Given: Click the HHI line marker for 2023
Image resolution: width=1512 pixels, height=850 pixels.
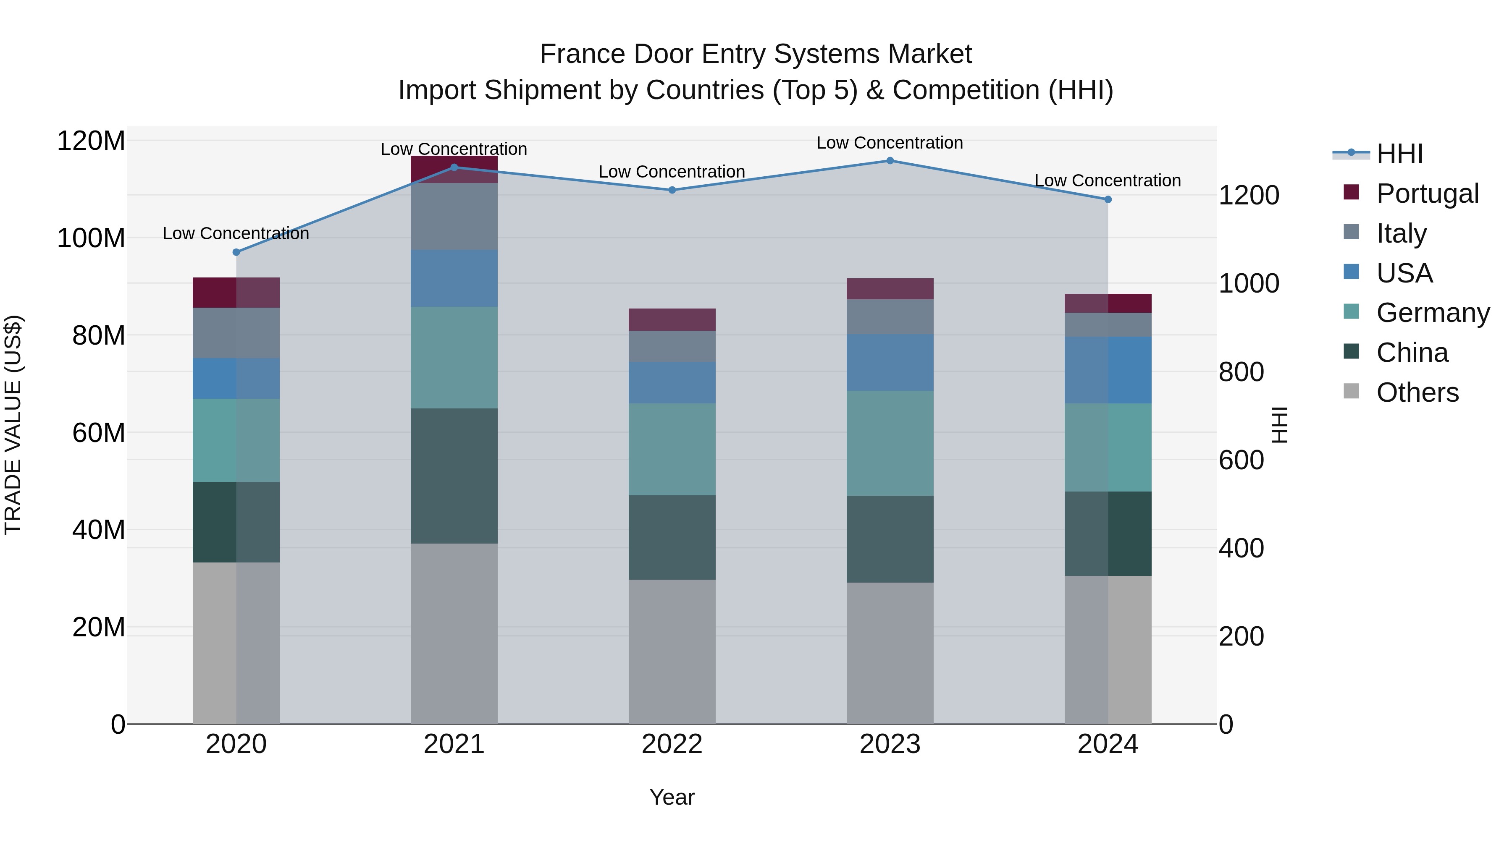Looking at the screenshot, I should click(890, 161).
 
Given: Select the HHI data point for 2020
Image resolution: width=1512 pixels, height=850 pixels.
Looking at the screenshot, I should click(236, 252).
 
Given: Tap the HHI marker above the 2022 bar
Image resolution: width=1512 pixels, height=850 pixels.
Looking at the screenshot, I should click(672, 190).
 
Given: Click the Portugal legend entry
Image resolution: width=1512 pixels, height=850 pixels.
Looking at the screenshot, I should click(1427, 194).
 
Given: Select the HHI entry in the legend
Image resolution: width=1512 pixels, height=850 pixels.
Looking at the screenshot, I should click(1399, 154).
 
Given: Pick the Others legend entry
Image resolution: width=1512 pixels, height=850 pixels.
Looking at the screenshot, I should click(1417, 392).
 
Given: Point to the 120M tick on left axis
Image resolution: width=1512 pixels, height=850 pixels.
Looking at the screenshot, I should click(91, 141).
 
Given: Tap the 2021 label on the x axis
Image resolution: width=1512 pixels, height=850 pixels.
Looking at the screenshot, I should click(454, 744).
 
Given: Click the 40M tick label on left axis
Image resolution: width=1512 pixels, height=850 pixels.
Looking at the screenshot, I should click(99, 530).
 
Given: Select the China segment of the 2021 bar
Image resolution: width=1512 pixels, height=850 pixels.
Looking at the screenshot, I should click(454, 476).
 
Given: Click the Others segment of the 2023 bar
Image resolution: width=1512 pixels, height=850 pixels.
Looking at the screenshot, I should click(890, 652).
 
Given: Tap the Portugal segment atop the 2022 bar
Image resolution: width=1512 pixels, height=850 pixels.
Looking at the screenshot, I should click(672, 320).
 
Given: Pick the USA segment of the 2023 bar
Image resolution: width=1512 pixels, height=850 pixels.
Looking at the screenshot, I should click(890, 363).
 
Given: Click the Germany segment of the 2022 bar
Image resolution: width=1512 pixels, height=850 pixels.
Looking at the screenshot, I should click(672, 449).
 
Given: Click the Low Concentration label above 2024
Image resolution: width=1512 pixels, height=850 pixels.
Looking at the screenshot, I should click(1107, 180).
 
